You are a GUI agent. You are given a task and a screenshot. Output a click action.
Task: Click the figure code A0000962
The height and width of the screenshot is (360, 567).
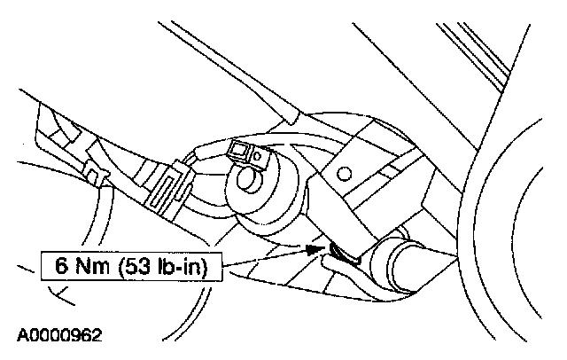58,336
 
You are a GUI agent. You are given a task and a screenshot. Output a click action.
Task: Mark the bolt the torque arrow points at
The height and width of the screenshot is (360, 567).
339,254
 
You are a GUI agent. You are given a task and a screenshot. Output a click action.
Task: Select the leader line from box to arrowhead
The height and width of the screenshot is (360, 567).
266,258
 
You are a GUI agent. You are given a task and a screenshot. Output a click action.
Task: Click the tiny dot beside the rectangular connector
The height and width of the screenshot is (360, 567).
258,157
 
